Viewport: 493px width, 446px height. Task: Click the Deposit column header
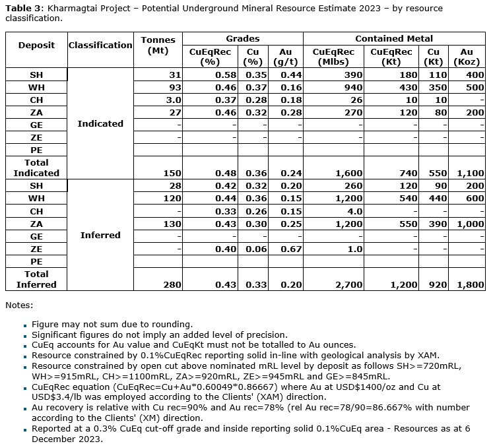[x=36, y=45]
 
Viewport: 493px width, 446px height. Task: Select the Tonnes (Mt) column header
[x=158, y=45]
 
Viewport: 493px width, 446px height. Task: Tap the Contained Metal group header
[x=393, y=38]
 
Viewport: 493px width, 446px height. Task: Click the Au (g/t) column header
[x=286, y=56]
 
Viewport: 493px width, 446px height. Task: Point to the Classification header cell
[x=100, y=45]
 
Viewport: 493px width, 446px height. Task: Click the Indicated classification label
[x=100, y=123]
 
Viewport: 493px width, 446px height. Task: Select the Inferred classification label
[x=100, y=235]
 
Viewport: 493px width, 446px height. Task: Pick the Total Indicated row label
[x=36, y=168]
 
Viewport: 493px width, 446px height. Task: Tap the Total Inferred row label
[x=36, y=279]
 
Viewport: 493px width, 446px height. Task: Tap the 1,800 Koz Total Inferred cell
[x=471, y=284]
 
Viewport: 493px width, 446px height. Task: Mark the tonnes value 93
[x=175, y=87]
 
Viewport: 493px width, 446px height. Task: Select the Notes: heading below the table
[x=18, y=305]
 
